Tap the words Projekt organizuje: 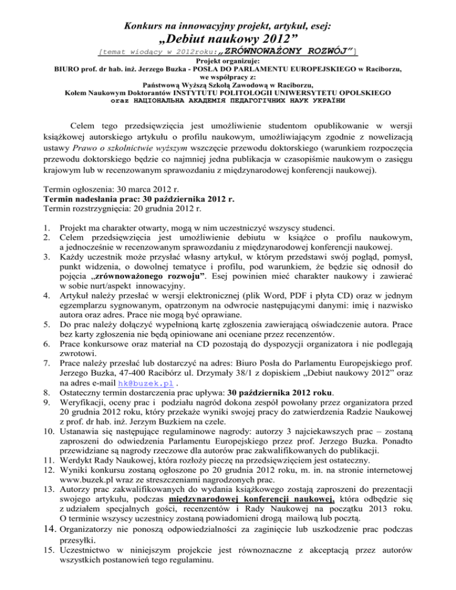pyautogui.click(x=227, y=61)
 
